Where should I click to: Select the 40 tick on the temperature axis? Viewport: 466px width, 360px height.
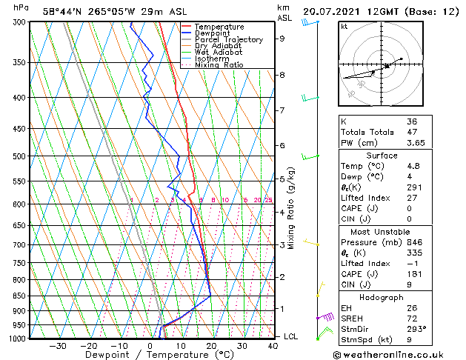tap(273, 345)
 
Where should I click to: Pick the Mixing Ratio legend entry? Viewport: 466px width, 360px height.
tap(219, 65)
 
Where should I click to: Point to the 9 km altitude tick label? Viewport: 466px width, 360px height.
tap(282, 39)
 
